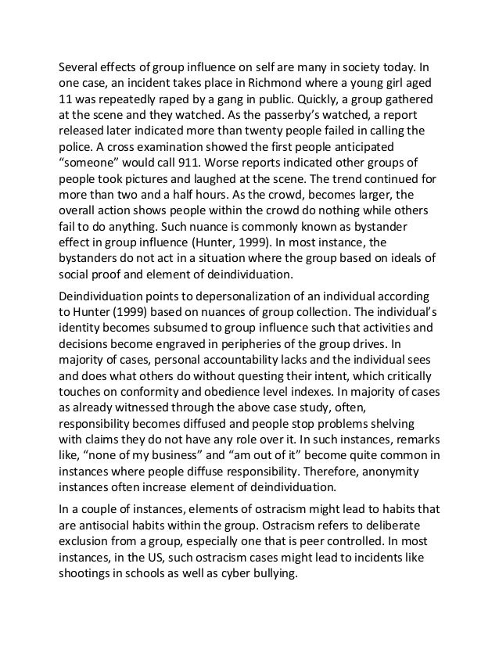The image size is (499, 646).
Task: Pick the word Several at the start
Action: pos(83,63)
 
